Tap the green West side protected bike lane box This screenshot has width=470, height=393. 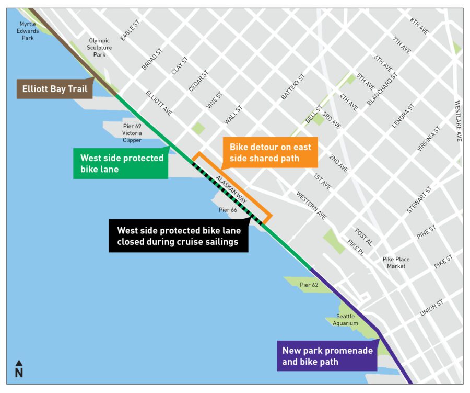pyautogui.click(x=121, y=163)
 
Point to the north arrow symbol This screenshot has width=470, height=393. pyautogui.click(x=19, y=369)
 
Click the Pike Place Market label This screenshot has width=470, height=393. pyautogui.click(x=396, y=263)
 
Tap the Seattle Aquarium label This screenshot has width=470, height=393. pyautogui.click(x=345, y=320)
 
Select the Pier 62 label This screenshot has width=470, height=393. pyautogui.click(x=309, y=285)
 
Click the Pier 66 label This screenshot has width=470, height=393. pyautogui.click(x=228, y=210)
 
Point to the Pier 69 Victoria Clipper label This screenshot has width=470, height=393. pyautogui.click(x=132, y=133)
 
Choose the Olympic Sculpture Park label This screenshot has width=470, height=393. pyautogui.click(x=99, y=47)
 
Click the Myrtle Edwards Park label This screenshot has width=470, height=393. pyautogui.click(x=29, y=31)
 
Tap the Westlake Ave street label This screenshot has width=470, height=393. pyautogui.click(x=458, y=121)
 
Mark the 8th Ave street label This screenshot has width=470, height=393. pyautogui.click(x=419, y=27)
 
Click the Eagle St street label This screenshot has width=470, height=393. pyautogui.click(x=130, y=31)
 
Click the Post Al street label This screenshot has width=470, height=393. pyautogui.click(x=363, y=237)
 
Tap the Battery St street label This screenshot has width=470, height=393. pyautogui.click(x=292, y=87)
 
